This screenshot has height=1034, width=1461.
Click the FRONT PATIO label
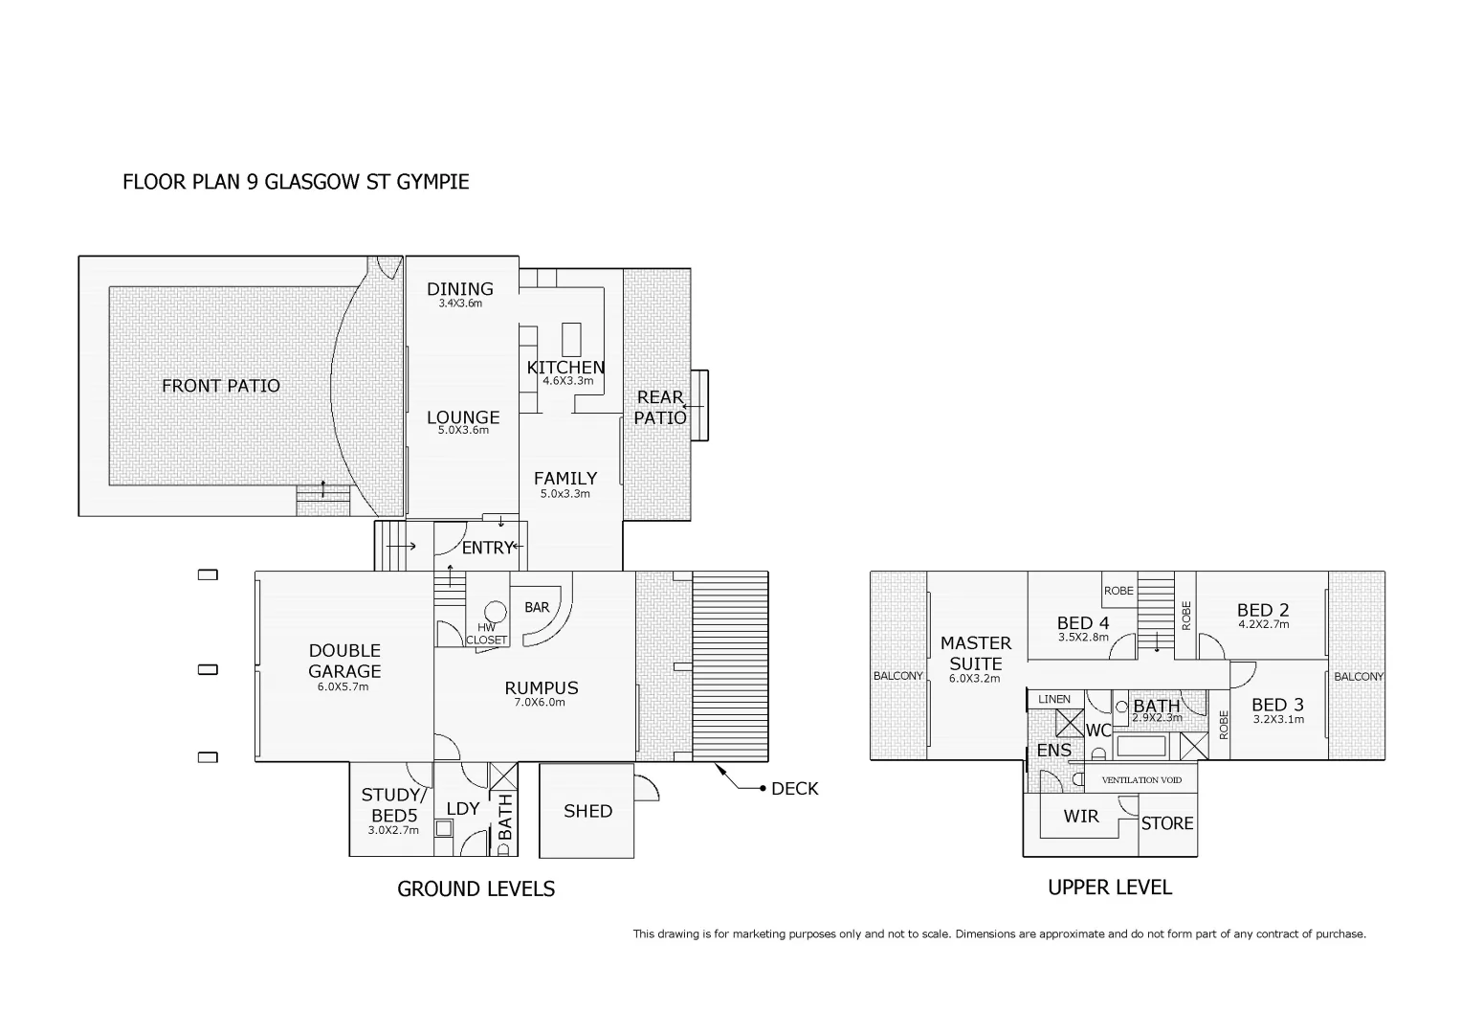220,386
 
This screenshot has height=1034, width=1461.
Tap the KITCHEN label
565,367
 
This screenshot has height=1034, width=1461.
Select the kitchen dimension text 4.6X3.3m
567,381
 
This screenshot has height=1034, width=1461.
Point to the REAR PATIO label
660,407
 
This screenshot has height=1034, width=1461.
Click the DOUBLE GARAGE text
343,661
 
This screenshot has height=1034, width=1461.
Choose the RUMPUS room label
542,687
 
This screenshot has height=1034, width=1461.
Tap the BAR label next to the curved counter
537,607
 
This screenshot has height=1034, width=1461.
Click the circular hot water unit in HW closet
495,612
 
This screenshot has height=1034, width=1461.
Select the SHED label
587,811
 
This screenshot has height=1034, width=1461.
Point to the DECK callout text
794,789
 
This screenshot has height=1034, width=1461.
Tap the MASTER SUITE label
975,653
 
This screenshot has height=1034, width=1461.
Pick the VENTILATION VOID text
1140,780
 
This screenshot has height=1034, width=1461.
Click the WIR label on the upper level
1081,817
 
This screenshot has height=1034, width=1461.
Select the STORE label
1167,823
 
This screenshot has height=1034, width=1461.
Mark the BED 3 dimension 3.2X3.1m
1278,720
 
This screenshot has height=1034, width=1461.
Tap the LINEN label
1054,699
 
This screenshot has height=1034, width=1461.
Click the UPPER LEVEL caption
1109,888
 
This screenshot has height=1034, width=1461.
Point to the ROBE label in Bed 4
1118,591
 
